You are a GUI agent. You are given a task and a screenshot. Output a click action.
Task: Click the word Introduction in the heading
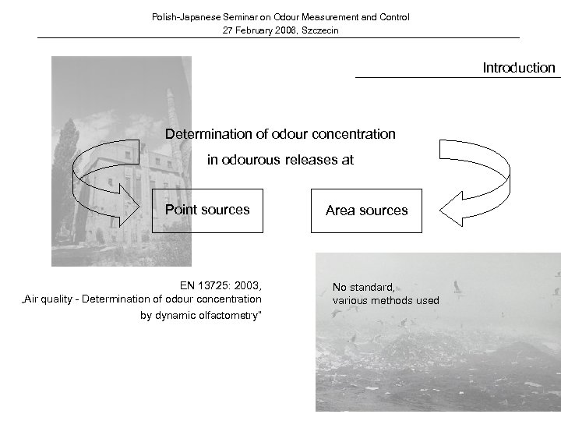tap(518, 68)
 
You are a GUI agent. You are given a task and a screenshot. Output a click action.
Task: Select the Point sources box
tap(207, 210)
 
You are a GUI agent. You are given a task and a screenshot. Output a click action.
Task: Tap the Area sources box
tap(366, 210)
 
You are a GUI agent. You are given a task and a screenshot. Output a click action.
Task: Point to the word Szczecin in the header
tap(319, 30)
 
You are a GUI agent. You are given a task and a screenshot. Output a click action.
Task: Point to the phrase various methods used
tap(386, 300)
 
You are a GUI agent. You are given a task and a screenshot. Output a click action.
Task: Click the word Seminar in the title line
tap(238, 16)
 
